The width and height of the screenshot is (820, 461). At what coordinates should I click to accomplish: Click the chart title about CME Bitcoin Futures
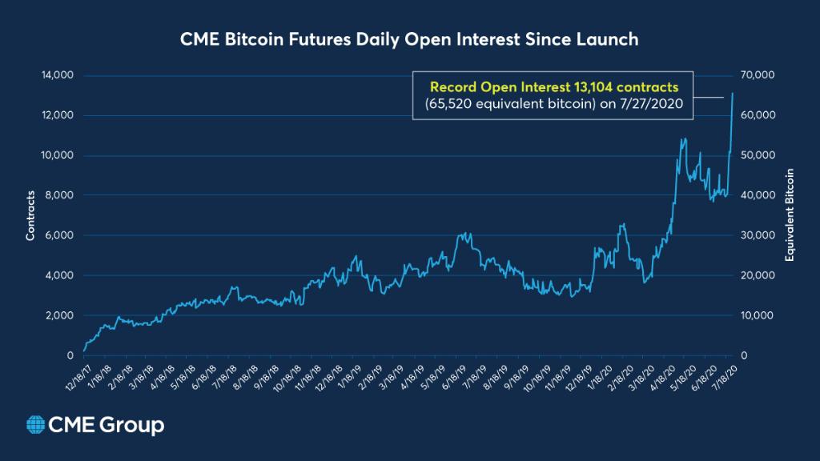tap(410, 38)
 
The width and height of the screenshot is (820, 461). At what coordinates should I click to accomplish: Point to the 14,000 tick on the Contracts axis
tap(58, 75)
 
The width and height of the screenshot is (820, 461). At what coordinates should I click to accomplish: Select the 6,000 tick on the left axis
tap(61, 235)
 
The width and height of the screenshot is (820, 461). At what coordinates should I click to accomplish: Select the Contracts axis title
tap(30, 215)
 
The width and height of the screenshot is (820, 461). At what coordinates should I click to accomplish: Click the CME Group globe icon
tap(35, 425)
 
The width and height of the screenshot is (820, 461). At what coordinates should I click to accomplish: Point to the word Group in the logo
tap(132, 425)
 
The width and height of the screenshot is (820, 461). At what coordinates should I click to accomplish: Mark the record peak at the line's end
tap(733, 94)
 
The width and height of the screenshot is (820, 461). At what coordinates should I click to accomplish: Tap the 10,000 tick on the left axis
tap(58, 155)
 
